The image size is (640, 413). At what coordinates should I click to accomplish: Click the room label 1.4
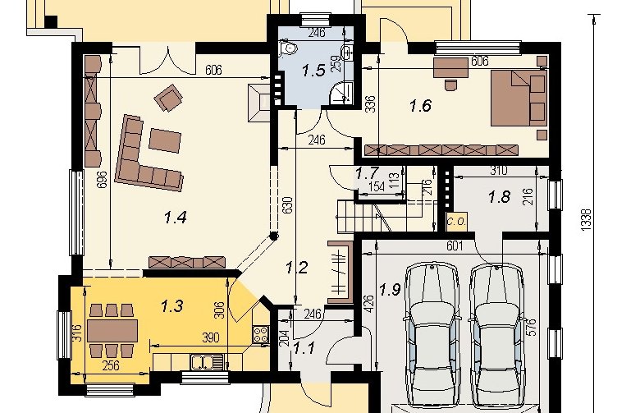pos(176,218)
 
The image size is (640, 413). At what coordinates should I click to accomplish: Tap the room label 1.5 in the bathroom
pos(313,71)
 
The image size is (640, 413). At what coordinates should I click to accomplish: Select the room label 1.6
pos(420,106)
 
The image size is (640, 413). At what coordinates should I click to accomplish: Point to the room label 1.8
pos(499,198)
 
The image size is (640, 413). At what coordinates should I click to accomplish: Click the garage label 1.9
pos(391,290)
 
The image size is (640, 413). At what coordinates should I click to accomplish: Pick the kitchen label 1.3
pos(172,305)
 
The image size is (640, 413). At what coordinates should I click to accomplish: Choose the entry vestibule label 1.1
pos(304,348)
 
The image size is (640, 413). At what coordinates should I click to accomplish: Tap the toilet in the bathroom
pos(288,49)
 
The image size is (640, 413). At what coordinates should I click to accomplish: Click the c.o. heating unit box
pos(457,222)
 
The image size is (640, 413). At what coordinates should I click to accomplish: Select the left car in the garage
pos(432,335)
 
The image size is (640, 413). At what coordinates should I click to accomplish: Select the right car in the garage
pos(496,336)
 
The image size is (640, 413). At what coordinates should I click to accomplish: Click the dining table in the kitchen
pos(112,330)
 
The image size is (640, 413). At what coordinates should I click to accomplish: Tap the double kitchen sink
pos(207,362)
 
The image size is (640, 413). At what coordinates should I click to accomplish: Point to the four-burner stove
pos(261,334)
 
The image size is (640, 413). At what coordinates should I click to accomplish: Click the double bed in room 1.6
pos(519,98)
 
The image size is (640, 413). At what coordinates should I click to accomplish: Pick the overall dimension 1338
pos(586,221)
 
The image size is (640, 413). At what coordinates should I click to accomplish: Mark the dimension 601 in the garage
pos(455,246)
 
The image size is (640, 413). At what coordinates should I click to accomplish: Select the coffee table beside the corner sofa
pos(165,140)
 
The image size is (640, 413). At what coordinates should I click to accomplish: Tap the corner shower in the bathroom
pos(341,92)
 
